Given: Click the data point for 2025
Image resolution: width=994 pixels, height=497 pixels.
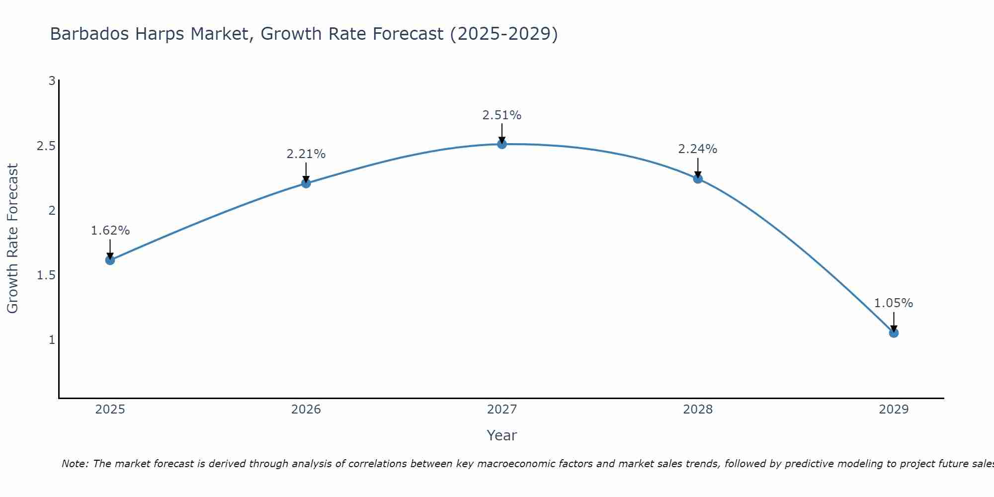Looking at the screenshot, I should [x=110, y=260].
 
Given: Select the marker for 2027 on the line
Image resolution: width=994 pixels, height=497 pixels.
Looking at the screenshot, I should [x=502, y=144].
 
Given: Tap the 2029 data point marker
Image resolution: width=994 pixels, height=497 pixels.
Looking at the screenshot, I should [x=894, y=333].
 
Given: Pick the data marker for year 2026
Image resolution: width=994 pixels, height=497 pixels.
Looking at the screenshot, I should [x=306, y=183].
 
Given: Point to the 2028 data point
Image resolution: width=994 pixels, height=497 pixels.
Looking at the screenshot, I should [x=698, y=179].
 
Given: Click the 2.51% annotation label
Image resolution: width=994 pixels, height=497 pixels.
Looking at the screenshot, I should [x=502, y=115].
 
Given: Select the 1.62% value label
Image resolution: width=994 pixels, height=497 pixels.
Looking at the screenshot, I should [x=110, y=231].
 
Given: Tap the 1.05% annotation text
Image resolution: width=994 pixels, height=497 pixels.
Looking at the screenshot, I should [x=894, y=303].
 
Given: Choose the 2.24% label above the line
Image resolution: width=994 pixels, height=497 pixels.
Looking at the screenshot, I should [x=698, y=149].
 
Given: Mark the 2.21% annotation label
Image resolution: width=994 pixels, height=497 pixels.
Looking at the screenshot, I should [x=306, y=154].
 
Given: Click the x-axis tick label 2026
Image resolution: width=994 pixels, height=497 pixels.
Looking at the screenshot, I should [x=306, y=410].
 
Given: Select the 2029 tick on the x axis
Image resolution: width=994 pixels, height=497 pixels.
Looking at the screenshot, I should [x=894, y=410].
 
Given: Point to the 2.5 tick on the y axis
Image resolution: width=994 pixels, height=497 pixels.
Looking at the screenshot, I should [x=46, y=146].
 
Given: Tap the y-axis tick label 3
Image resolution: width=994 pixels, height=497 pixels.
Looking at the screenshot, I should [x=52, y=81].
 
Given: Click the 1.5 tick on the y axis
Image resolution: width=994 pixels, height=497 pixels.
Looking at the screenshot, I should [x=46, y=275].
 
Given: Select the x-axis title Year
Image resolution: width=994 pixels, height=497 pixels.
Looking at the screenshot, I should [x=502, y=435].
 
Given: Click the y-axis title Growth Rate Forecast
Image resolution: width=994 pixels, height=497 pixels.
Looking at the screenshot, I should [x=12, y=239].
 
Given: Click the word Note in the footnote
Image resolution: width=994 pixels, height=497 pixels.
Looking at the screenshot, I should [x=74, y=464].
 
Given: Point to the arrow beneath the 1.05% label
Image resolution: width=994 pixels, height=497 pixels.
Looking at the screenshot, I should [x=894, y=322].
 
